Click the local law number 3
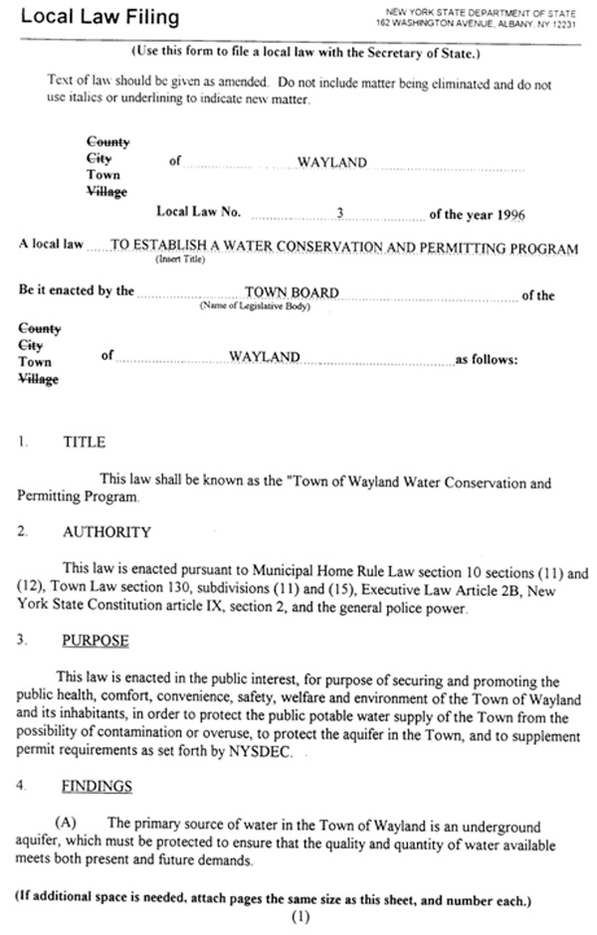pos(339,213)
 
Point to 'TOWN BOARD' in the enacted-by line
pos(291,292)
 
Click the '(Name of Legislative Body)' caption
pos(255,305)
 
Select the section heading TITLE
pos(84,442)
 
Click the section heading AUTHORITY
pos(106,532)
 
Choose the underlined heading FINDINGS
pos(97,785)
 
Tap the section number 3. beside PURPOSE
pos(22,640)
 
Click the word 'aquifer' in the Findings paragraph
pos(41,843)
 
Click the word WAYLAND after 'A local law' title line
pos(263,356)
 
